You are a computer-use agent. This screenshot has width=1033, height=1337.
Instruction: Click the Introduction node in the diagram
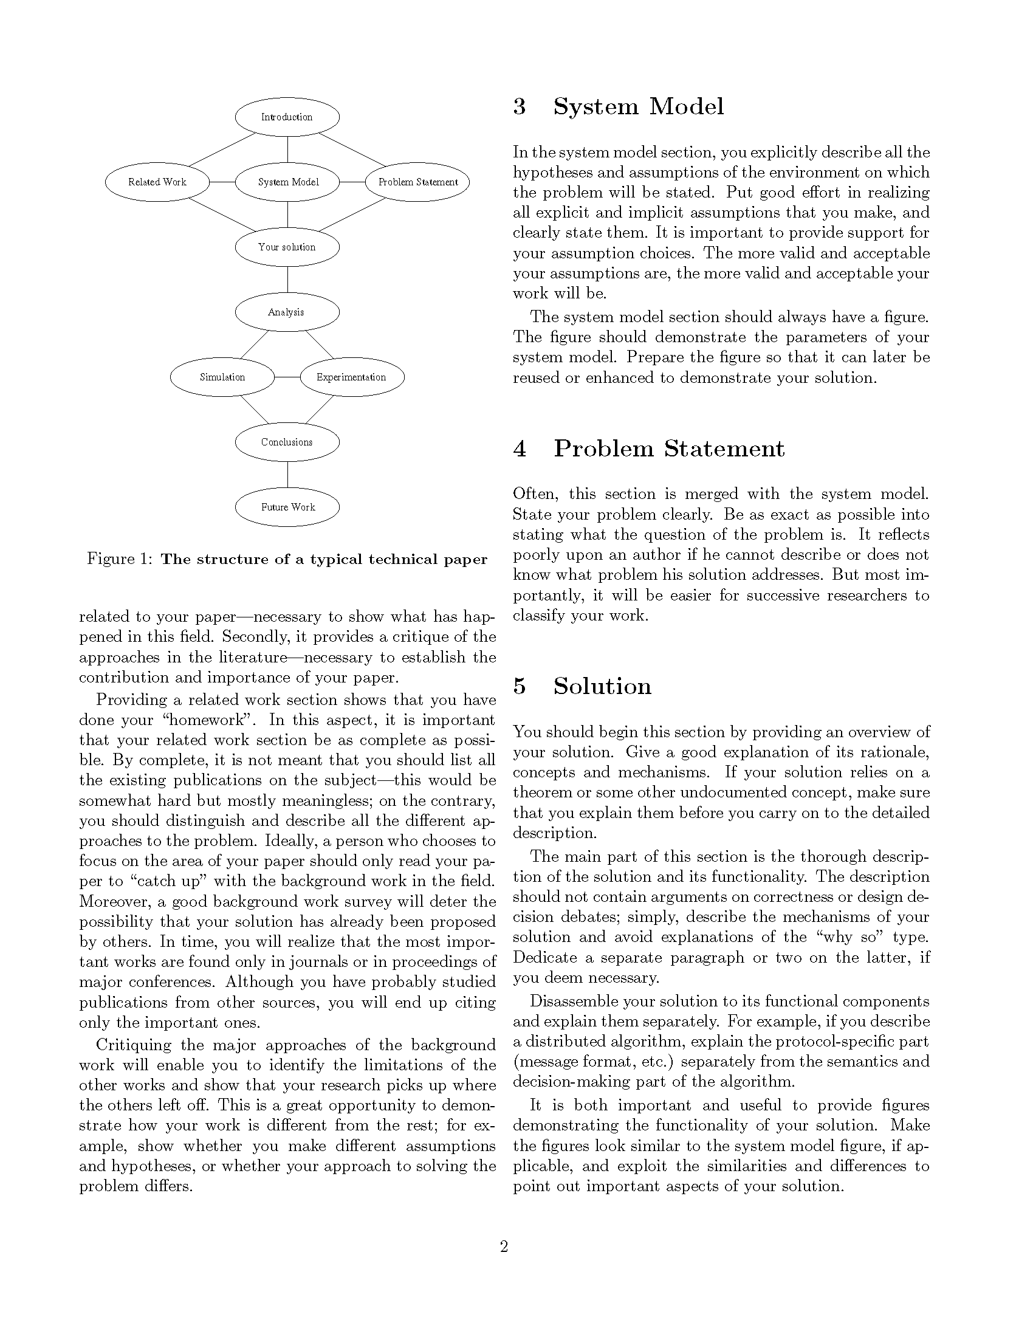pyautogui.click(x=287, y=117)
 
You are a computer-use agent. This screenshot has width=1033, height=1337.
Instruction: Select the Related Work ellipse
pyautogui.click(x=157, y=182)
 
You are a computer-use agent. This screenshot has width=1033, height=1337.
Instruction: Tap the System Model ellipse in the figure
pyautogui.click(x=287, y=182)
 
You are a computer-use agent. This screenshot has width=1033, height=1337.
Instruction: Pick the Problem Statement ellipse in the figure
pyautogui.click(x=417, y=182)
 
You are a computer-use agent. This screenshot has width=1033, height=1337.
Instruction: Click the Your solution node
pyautogui.click(x=287, y=247)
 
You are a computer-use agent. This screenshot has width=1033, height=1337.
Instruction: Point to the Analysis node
pyautogui.click(x=287, y=312)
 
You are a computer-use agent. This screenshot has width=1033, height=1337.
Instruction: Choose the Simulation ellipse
pyautogui.click(x=222, y=377)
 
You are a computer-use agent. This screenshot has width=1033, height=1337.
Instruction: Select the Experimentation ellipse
pyautogui.click(x=352, y=377)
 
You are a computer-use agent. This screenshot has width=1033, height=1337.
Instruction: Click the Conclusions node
pyautogui.click(x=287, y=442)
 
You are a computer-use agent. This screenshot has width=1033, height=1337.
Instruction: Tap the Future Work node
pyautogui.click(x=287, y=507)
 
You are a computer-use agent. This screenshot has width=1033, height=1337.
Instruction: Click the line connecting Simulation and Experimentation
pyautogui.click(x=287, y=377)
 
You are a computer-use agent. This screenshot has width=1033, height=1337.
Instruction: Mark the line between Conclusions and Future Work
pyautogui.click(x=287, y=475)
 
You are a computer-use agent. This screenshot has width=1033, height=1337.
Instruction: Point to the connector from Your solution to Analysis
pyautogui.click(x=287, y=280)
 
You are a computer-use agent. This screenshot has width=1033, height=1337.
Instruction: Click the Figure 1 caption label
pyautogui.click(x=119, y=559)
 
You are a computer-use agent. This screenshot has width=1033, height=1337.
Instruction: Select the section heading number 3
pyautogui.click(x=520, y=106)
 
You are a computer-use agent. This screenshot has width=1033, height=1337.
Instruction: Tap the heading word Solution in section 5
pyautogui.click(x=602, y=686)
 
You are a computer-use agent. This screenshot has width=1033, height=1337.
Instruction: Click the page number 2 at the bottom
pyautogui.click(x=504, y=1246)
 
